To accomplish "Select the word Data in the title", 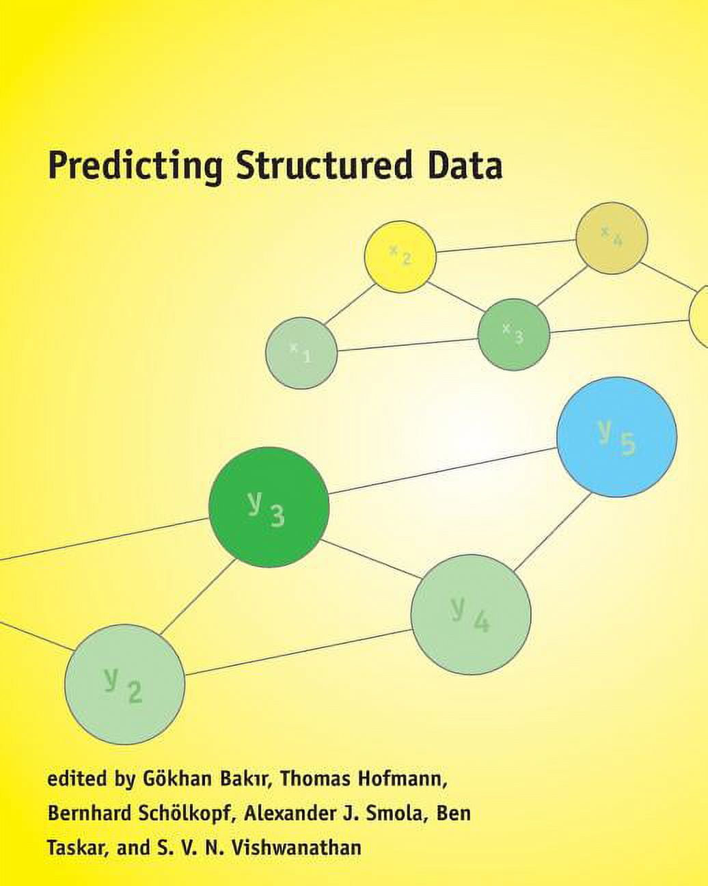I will pos(465,166).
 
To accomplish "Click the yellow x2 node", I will pos(400,256).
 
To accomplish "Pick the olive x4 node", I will pos(611,238).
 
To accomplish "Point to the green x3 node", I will pos(513,334).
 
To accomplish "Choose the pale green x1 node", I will pos(301,353).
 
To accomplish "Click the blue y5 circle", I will pos(616,437).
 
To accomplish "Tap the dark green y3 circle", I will pos(269,507).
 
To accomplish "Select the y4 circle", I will pos(471,615).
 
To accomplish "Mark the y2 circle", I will pos(124,684).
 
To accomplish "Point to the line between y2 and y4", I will pos(298,653).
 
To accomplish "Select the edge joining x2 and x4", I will pos(506,246).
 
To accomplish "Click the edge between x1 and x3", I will pos(407,344).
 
